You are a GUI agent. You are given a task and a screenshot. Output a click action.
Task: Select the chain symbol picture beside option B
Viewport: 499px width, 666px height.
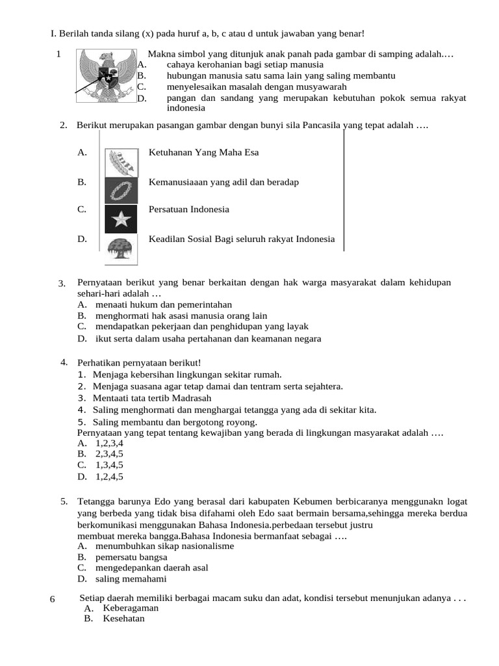121,191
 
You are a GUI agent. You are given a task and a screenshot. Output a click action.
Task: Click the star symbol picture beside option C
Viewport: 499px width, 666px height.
121,219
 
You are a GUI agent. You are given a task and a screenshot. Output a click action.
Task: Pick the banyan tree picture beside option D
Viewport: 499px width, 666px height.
120,248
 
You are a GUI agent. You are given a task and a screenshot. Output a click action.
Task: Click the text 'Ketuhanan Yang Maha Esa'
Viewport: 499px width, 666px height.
203,153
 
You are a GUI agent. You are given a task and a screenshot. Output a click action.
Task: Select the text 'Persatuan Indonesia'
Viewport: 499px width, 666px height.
188,209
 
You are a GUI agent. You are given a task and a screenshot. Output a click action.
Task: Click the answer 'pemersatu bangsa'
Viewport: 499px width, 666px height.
131,557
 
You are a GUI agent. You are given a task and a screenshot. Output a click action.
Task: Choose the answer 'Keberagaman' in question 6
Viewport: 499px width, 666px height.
131,608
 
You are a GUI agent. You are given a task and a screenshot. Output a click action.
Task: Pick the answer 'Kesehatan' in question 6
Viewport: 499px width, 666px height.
123,619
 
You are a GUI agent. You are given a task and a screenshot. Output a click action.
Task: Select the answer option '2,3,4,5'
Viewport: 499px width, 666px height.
109,453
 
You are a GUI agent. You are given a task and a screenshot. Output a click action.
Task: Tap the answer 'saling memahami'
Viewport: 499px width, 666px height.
131,579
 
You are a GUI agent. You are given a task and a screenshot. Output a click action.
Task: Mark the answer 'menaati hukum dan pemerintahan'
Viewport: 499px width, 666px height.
163,304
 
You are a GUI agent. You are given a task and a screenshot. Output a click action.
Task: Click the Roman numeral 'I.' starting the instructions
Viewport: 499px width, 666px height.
54,33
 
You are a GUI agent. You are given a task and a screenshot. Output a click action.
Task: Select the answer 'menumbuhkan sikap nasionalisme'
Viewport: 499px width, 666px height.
164,546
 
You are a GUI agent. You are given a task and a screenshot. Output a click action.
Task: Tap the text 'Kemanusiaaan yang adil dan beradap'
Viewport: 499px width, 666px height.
224,182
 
